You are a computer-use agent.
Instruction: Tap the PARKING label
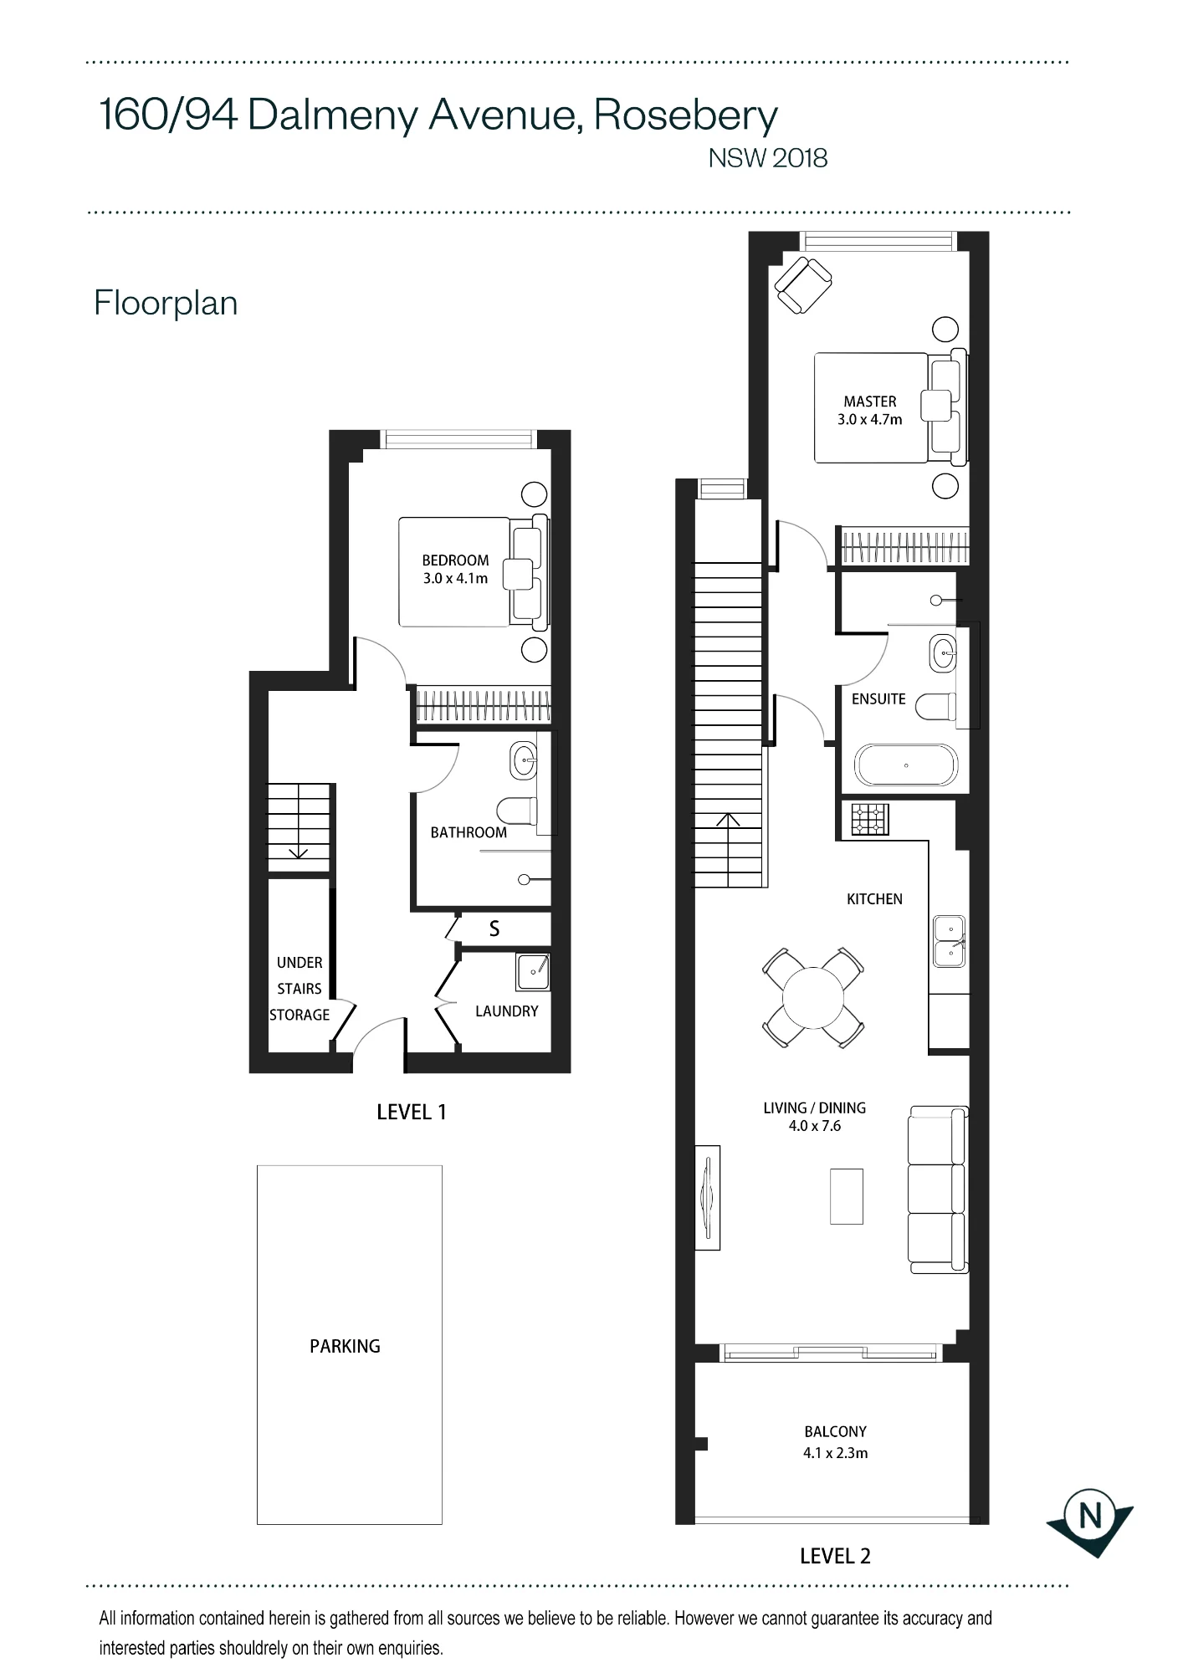point(345,1346)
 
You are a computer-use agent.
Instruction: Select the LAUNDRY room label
point(506,1011)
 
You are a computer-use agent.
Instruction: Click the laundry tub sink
point(532,970)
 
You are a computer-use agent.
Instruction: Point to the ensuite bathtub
point(905,765)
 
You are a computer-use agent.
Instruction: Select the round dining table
point(813,997)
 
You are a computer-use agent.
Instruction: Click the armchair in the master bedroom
point(803,284)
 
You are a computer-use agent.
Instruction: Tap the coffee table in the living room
point(846,1196)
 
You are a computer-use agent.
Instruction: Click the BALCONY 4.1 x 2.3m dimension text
point(835,1453)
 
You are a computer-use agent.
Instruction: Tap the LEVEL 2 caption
point(835,1556)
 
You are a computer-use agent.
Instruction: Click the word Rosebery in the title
point(686,115)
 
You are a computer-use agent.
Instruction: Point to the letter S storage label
point(494,929)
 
